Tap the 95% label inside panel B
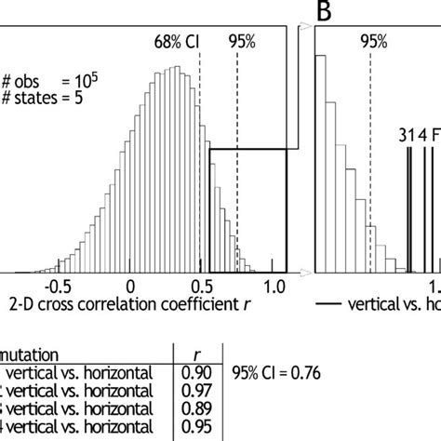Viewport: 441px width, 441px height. coord(373,41)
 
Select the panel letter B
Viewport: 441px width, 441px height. coord(325,11)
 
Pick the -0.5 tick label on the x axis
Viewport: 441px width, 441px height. coord(59,287)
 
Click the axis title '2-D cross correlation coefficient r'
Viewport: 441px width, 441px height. coord(130,303)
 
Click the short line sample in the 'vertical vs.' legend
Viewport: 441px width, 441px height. coord(328,304)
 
